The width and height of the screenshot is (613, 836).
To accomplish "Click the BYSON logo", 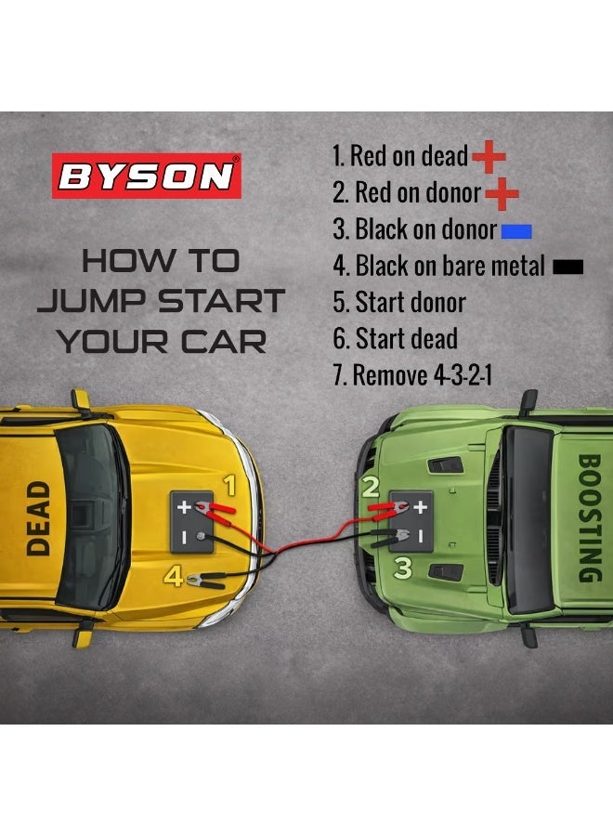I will pyautogui.click(x=146, y=176).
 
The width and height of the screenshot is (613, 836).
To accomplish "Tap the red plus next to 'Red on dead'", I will pyautogui.click(x=489, y=158).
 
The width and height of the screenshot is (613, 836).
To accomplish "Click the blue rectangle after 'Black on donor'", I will pyautogui.click(x=515, y=230).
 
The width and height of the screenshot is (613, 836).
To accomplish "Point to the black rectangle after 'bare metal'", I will pyautogui.click(x=567, y=267).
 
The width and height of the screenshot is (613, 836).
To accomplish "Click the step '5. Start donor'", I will pyautogui.click(x=398, y=302).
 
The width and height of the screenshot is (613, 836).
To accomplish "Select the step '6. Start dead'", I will pyautogui.click(x=395, y=339).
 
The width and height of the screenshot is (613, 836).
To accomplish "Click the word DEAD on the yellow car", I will pyautogui.click(x=37, y=517).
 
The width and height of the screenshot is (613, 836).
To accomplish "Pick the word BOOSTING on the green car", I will pyautogui.click(x=589, y=517).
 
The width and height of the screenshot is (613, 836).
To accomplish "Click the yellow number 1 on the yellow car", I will pyautogui.click(x=230, y=485).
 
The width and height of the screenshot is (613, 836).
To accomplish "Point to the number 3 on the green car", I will pyautogui.click(x=402, y=567).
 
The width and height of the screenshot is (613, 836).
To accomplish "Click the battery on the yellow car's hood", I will pyautogui.click(x=196, y=523).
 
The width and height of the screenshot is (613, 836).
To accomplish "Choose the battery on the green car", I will pyautogui.click(x=411, y=522).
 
